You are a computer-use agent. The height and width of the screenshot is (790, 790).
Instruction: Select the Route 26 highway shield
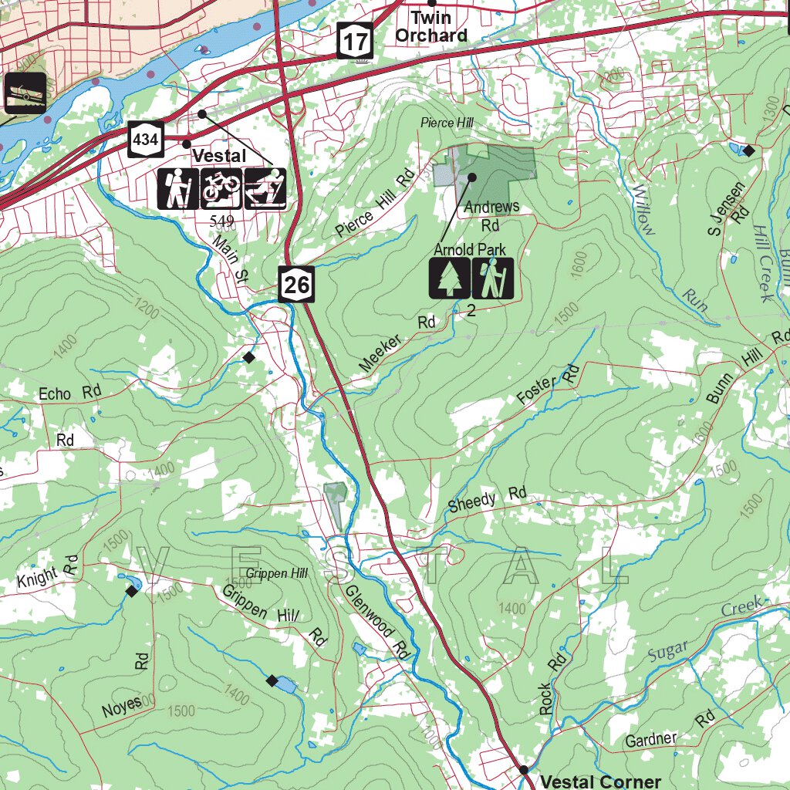(296, 285)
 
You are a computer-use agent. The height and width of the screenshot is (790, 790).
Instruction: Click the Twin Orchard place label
(431, 26)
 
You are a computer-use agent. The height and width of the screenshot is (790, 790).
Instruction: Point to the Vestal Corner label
(600, 781)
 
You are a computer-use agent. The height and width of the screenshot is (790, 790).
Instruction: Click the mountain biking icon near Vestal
(221, 189)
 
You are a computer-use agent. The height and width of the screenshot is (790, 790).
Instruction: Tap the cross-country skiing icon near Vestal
(265, 189)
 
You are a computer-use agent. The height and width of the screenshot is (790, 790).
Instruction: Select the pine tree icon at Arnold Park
(449, 279)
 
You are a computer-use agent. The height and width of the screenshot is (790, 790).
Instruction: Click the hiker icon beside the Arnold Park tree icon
(492, 279)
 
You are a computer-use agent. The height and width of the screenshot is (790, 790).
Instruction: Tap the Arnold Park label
(469, 249)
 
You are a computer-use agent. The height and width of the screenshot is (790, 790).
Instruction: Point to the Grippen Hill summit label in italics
(277, 573)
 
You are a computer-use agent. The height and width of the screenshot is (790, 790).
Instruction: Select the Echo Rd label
(69, 393)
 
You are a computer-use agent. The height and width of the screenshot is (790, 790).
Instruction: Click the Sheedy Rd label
(487, 499)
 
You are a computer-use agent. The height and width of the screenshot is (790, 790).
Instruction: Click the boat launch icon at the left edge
(25, 93)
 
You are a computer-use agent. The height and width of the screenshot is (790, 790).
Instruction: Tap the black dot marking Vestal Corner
(523, 769)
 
